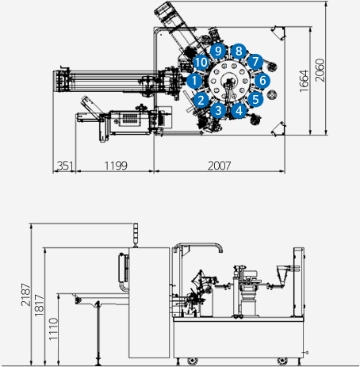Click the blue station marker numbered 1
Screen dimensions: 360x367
coord(194,81)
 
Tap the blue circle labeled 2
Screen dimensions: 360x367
coord(201,100)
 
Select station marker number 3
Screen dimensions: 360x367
coord(218,110)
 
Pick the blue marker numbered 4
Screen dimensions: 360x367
coord(239,110)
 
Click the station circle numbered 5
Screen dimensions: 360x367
coord(255,99)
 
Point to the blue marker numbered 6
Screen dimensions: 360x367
coord(262,80)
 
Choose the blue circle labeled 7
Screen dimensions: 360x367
coord(255,61)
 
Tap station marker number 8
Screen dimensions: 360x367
coord(239,51)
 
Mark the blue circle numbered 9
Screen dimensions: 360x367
coord(218,51)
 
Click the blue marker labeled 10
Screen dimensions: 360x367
coord(201,63)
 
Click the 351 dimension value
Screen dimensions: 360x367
coord(65,166)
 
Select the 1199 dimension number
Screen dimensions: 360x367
coord(116,166)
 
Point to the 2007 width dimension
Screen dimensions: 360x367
coord(220,166)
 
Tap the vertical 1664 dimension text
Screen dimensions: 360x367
coord(304,81)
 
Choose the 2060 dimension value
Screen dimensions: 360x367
coord(320,70)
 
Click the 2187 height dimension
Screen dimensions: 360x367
coord(26,295)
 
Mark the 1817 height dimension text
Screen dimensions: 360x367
coord(39,305)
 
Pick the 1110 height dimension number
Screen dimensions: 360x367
coord(53,329)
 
